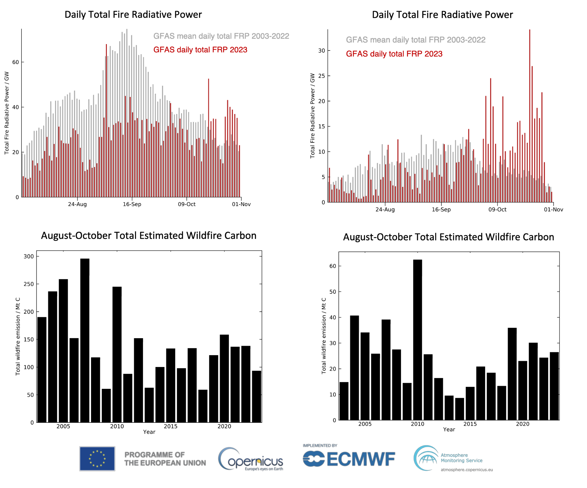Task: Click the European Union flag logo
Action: (97, 459)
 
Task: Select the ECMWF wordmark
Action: (349, 459)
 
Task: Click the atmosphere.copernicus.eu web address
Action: (467, 470)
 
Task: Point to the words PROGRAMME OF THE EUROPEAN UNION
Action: (165, 459)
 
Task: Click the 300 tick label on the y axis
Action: (29, 256)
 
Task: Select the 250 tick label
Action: (29, 284)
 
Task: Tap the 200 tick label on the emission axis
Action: (29, 312)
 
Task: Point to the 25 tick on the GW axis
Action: (322, 76)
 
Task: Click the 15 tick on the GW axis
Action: (322, 126)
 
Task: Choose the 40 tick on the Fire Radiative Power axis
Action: (16, 107)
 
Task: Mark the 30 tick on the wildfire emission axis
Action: (333, 343)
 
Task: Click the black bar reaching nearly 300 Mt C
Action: (85, 338)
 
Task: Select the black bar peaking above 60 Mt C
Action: (417, 338)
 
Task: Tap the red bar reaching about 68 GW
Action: (106, 118)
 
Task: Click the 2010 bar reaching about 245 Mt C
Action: (117, 353)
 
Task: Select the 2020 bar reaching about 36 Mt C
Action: (512, 373)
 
